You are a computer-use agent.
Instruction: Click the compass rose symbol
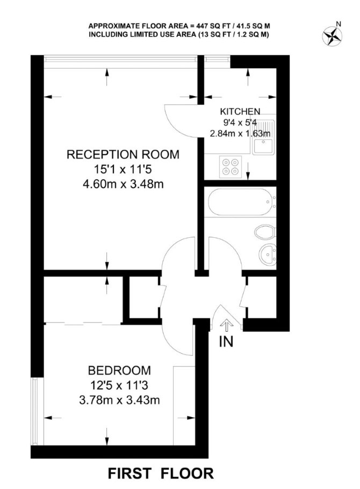[x=332, y=35]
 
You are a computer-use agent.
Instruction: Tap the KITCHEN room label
[x=240, y=111]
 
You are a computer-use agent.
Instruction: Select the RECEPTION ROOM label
[x=123, y=155]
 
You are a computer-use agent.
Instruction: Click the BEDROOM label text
[x=119, y=370]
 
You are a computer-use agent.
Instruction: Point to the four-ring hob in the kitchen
[x=231, y=166]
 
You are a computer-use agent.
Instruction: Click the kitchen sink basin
[x=263, y=146]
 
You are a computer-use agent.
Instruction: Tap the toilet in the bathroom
[x=265, y=232]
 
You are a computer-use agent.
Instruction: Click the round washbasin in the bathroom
[x=268, y=254]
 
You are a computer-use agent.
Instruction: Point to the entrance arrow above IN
[x=226, y=326]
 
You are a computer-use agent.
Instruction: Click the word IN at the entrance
[x=226, y=341]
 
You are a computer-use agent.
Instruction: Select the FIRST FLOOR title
[x=161, y=473]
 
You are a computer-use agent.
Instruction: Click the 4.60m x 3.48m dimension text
[x=123, y=184]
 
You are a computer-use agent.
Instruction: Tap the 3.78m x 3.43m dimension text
[x=120, y=400]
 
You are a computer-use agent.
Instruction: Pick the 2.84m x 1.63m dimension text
[x=240, y=134]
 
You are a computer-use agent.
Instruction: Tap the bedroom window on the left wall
[x=34, y=412]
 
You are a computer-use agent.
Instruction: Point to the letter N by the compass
[x=338, y=24]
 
